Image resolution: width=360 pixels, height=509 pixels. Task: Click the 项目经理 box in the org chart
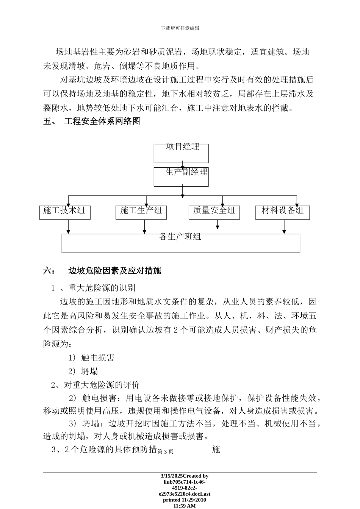click(181, 153)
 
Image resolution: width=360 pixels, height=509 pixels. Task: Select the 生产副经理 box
click(181, 177)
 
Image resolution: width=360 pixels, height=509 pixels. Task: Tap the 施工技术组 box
click(65, 212)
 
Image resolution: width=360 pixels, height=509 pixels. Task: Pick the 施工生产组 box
click(141, 212)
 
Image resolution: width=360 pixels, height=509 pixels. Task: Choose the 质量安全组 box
click(214, 212)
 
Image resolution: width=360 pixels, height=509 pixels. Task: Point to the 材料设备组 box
click(282, 212)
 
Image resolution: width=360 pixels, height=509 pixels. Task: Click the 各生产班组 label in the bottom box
click(180, 237)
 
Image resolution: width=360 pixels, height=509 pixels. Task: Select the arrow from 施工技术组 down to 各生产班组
click(69, 226)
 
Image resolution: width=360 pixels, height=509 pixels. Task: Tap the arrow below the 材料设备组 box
click(284, 226)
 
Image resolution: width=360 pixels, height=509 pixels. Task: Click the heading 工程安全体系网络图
click(102, 122)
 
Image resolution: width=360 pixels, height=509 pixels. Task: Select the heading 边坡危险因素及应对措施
click(114, 271)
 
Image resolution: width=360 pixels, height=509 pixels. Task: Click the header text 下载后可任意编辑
click(180, 28)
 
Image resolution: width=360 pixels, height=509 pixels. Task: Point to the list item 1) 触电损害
click(91, 358)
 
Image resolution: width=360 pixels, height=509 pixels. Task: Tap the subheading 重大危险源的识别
click(102, 288)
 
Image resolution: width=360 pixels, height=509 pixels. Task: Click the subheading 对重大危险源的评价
click(102, 385)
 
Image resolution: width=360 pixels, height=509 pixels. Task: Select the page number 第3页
click(165, 451)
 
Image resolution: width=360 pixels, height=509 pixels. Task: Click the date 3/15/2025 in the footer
click(172, 476)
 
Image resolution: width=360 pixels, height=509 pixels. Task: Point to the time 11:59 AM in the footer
click(185, 506)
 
